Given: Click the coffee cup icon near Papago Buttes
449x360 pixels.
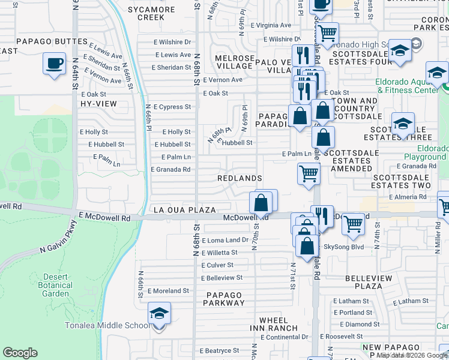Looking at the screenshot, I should pos(54,63).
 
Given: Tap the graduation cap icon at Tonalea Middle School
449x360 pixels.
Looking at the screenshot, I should pos(159,314).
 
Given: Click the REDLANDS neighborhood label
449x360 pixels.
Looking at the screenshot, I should pos(240,179).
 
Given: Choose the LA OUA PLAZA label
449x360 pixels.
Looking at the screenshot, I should pos(184,210).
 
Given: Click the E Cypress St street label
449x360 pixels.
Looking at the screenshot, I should pos(172,107).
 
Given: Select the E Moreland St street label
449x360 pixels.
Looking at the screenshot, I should pos(168,291).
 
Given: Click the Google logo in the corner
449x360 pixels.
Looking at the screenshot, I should pos(20,353).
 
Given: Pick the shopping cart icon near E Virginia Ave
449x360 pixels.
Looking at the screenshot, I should pos(327,32).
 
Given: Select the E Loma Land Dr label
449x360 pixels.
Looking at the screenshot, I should pos(225,240).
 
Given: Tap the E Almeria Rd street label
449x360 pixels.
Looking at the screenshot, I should pos(409,197).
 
